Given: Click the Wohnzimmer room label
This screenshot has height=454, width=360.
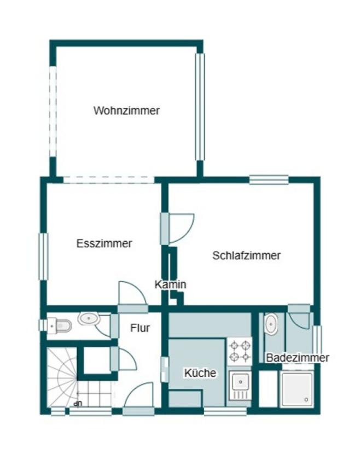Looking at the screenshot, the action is point(126,110).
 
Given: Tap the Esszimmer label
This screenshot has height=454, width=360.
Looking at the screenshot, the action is point(104,243).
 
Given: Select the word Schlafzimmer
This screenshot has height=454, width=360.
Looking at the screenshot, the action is point(246,255).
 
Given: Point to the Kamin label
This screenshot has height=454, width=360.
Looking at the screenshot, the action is point(170,284).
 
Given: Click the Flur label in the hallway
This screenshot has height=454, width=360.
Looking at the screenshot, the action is point(140,328).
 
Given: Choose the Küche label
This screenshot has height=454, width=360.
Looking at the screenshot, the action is point(200,372).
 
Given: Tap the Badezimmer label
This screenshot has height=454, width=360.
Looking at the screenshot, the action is point(298,358).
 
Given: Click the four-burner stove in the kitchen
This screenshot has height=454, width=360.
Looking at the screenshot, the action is point(240,351).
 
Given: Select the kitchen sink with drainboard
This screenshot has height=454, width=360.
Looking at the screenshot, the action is point(240,386).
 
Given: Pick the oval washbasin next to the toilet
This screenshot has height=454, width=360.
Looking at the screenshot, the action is point(89,319).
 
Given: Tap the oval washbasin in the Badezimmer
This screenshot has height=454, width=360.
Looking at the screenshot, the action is point(271,324).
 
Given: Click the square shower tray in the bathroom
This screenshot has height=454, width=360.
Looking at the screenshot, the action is point(297,389).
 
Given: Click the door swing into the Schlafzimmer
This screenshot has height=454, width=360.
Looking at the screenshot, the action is point(177,229).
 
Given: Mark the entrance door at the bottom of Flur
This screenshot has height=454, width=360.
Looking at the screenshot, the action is point(138,398).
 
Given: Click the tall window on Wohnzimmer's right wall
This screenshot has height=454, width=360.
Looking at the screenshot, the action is point(200,107).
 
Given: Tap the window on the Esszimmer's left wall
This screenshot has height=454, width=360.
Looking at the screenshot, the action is point(43,257).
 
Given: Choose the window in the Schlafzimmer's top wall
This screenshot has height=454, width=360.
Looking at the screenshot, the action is point(269,179).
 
